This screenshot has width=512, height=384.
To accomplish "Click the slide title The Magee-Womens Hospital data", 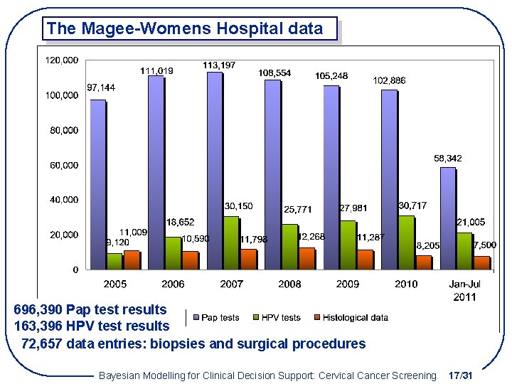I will (x=184, y=29).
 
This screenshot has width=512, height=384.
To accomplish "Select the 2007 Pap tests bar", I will (x=214, y=171).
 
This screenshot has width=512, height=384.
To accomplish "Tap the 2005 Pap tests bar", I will (x=97, y=184).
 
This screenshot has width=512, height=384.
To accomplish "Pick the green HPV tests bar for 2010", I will (x=406, y=242).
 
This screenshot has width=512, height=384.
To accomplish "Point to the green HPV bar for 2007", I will (x=230, y=242).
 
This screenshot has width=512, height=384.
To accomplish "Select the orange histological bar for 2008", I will (x=306, y=258).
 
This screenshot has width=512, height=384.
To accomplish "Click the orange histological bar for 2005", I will (x=132, y=260).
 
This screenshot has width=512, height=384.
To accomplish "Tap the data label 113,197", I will (x=220, y=65).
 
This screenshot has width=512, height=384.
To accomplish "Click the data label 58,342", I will (x=448, y=158).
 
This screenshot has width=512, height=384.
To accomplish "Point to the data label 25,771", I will (x=298, y=210).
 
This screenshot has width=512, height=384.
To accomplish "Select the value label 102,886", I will (x=390, y=81).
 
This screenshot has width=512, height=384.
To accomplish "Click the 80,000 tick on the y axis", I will (x=64, y=130).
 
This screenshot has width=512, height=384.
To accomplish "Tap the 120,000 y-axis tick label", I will (x=62, y=60).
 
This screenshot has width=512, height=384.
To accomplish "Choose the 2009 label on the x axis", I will (x=348, y=284).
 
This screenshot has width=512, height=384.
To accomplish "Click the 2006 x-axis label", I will (x=172, y=284).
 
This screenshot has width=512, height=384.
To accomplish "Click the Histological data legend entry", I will (x=351, y=318).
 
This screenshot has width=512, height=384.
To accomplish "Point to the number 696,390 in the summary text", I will (x=38, y=309).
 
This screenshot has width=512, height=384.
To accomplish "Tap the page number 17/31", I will (x=462, y=375).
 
